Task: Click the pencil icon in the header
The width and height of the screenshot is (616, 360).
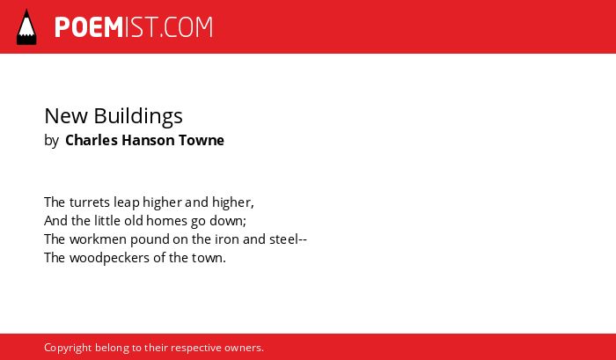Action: point(26,26)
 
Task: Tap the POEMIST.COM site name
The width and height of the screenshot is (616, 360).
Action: point(134,27)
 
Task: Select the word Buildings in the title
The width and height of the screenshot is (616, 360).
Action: point(138,117)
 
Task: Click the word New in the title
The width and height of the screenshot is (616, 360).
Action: point(66,116)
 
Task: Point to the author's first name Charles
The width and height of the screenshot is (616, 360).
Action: point(92,140)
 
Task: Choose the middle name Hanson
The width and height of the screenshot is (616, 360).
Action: point(148,140)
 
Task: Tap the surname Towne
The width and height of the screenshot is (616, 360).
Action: point(202,140)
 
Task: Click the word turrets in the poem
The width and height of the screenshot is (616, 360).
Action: point(90,202)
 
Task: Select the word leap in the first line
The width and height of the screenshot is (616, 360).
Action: point(127,203)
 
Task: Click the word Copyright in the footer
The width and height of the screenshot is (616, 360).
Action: point(68,349)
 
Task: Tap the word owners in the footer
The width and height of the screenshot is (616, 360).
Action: point(242,349)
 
